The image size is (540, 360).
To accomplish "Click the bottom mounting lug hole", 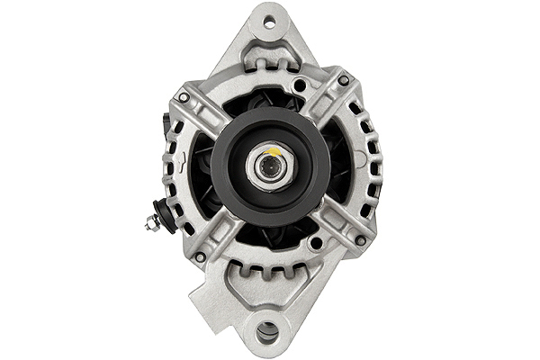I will click(x=267, y=334).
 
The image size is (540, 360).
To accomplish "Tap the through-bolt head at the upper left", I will click(x=184, y=96).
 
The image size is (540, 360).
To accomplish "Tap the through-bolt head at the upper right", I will click(x=343, y=80).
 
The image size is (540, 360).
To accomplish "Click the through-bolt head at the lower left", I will click(x=199, y=257).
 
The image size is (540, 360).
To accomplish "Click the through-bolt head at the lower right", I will click(x=360, y=240).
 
